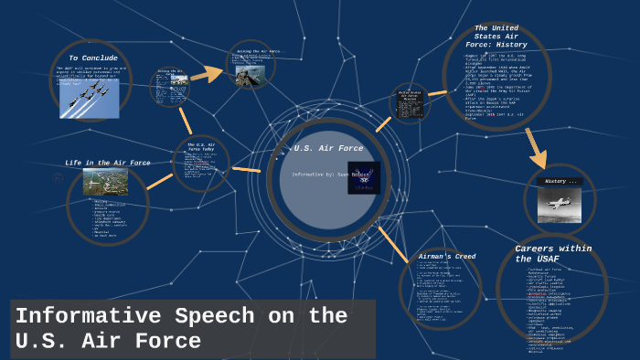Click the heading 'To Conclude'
93,58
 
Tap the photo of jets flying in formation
89,94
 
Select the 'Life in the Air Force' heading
108,163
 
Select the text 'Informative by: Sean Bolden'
323,175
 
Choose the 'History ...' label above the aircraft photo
560,182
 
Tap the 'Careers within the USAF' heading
553,253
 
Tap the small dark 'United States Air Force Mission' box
409,101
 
